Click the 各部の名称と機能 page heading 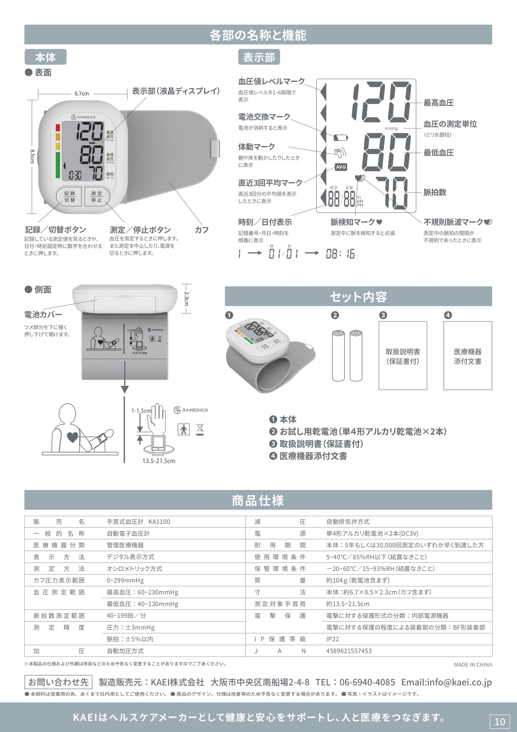pos(258,35)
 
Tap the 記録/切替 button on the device pos(69,197)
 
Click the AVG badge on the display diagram pos(341,167)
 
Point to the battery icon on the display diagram pos(341,137)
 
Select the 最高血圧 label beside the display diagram pos(439,103)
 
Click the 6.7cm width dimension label pos(82,93)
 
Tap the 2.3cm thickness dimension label pos(186,299)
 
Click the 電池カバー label pos(43,315)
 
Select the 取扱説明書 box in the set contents pos(403,355)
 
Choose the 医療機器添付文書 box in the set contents pos(468,355)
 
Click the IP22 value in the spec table pos(332,639)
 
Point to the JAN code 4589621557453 pos(349,651)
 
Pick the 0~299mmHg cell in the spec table pos(125,580)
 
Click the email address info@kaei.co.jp pos(447,682)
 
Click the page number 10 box pos(499,721)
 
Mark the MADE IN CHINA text pos(473,665)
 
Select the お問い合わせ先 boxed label pos(58,682)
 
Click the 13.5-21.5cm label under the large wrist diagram pos(159,461)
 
